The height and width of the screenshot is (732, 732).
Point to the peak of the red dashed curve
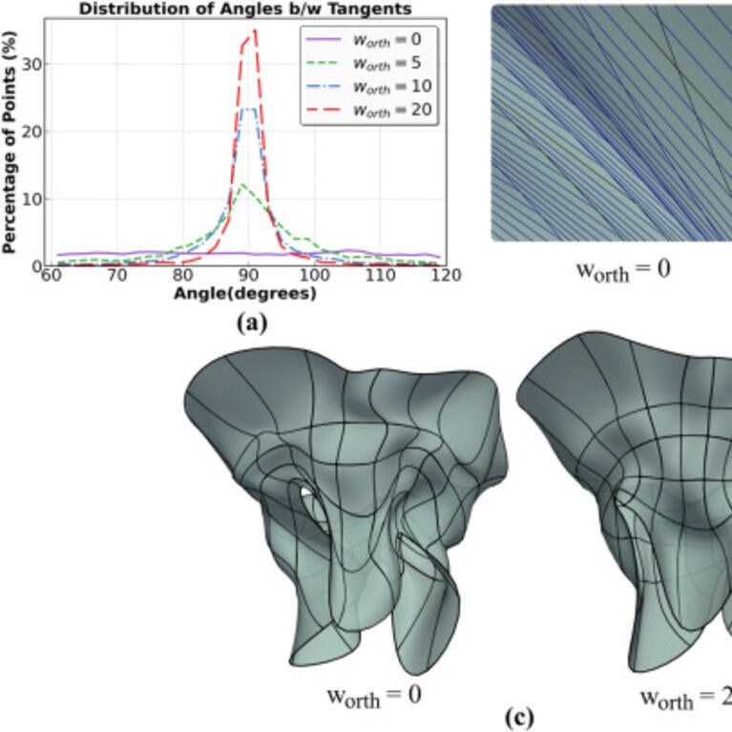coord(254,31)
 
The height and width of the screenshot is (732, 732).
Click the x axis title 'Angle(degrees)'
coord(245,293)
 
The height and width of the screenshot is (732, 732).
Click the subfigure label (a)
coord(250,323)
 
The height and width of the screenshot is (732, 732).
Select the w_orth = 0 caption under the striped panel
coord(622,269)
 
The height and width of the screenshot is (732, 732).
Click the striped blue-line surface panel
coord(611,124)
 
